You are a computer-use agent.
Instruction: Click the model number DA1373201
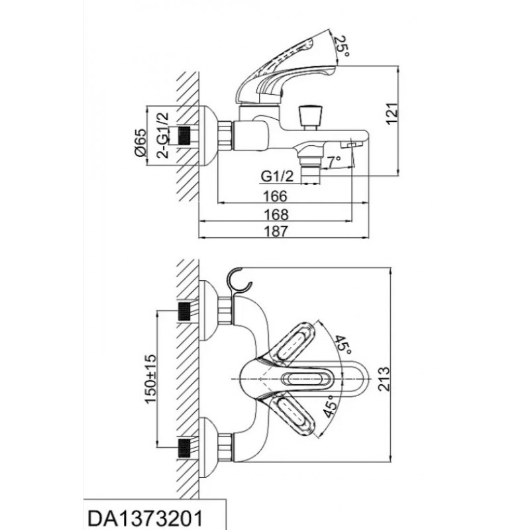(145, 518)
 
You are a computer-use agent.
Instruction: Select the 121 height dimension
(392, 113)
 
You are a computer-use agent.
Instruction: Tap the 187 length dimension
(276, 232)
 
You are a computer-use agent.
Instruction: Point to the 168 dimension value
(276, 215)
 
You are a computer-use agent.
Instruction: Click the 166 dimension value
(275, 196)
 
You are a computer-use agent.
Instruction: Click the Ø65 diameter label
(140, 142)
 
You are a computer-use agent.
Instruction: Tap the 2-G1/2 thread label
(162, 135)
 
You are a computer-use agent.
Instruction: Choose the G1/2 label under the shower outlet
(277, 176)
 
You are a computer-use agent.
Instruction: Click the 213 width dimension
(384, 379)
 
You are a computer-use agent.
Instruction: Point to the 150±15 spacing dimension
(150, 378)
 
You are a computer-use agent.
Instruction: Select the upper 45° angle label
(343, 345)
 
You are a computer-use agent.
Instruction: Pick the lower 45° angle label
(330, 405)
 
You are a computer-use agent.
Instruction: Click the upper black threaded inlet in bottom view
(184, 311)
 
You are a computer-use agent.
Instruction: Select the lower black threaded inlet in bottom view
(184, 447)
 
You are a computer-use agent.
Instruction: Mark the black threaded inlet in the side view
(184, 136)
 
